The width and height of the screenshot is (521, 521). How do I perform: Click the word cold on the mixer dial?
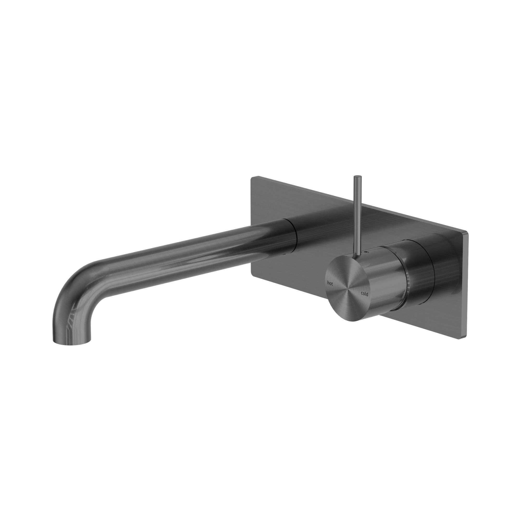363,294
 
